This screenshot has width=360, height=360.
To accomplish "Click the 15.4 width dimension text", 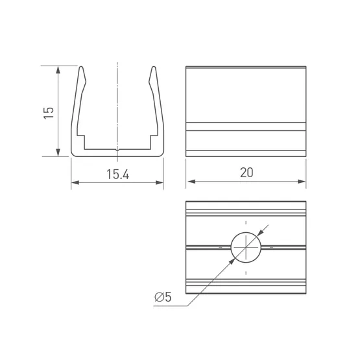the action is point(118,174).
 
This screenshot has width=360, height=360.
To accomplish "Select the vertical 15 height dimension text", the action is point(49,113).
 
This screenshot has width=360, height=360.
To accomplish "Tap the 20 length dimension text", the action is point(246,173).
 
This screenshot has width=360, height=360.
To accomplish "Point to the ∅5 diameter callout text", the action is point(163,297).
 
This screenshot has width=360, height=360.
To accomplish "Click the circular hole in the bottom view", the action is point(246,247).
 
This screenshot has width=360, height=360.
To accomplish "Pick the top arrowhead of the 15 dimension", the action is point(58,70).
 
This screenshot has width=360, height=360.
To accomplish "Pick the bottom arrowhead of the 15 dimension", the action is point(58,152).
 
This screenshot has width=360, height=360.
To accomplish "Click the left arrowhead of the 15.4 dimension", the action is point(75,182).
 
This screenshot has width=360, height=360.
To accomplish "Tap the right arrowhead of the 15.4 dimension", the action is point(160,182).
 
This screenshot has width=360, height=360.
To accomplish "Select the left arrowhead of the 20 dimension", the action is point(191,182).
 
